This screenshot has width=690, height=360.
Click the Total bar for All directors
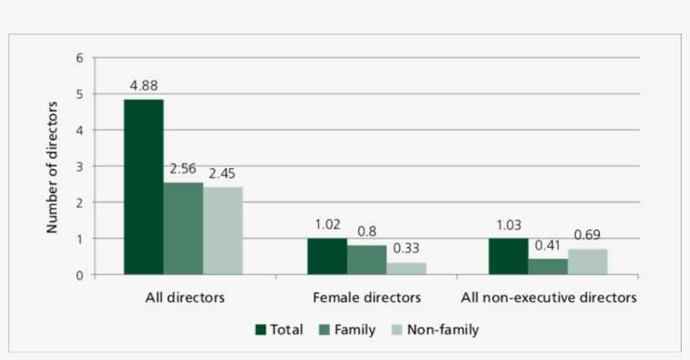(144, 187)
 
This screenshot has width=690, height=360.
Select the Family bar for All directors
(183, 229)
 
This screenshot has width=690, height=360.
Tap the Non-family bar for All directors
(223, 230)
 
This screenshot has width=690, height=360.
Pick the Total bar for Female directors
(326, 257)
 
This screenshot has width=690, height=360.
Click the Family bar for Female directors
(367, 260)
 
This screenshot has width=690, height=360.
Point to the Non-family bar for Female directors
(406, 268)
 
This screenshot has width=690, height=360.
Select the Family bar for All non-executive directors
(548, 267)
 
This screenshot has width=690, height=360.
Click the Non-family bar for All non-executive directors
(587, 262)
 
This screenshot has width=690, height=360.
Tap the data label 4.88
(144, 86)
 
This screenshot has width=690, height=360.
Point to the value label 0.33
(406, 249)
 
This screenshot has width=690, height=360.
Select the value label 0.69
(587, 236)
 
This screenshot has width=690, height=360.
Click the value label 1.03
(508, 225)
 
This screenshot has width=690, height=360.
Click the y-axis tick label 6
(80, 58)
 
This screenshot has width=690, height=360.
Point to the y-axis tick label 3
(80, 167)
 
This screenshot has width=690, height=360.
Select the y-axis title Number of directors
(52, 167)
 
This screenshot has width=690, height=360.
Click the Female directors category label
(366, 298)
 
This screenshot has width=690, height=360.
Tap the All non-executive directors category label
(548, 298)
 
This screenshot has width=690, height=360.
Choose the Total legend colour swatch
(261, 330)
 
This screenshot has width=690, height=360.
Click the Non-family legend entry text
(443, 330)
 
